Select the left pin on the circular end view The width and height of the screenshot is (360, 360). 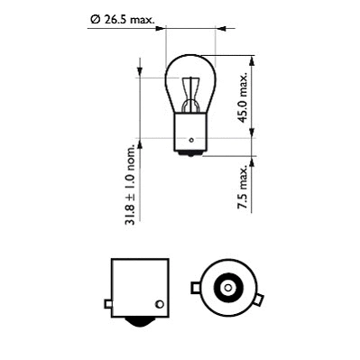pos(195,289)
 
